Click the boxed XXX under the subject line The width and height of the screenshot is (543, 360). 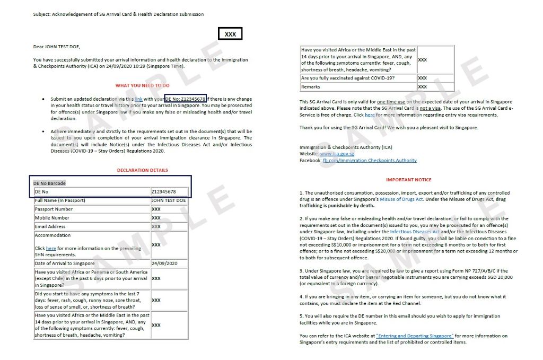[230, 34]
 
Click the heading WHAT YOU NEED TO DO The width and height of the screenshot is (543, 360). [143, 85]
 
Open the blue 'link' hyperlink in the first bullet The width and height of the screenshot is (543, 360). [138, 99]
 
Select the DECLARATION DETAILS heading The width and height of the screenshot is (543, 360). [143, 170]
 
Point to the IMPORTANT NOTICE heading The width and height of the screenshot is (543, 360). [408, 180]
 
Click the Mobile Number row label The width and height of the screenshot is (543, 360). [52, 218]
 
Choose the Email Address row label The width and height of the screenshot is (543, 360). [50, 226]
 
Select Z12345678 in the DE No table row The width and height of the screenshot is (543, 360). [163, 191]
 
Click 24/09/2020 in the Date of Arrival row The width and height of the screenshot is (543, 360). [164, 264]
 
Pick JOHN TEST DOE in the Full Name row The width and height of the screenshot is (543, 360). [169, 200]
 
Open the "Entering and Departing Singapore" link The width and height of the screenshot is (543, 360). [415, 336]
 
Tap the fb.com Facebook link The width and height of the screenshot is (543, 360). [370, 160]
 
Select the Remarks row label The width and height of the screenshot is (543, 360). [311, 87]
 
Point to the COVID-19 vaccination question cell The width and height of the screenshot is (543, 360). [347, 78]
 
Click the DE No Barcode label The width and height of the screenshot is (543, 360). [50, 183]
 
